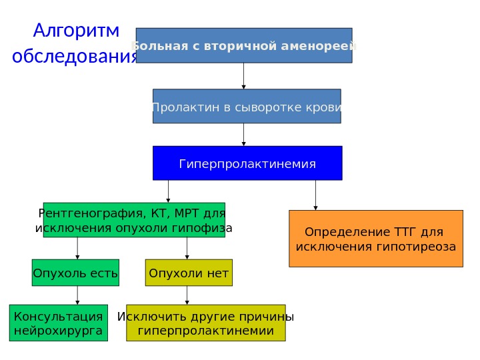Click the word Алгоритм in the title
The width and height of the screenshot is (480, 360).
tap(76, 31)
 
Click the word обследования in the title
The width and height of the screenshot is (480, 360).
tap(75, 56)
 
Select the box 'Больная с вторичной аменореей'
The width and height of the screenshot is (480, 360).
tap(244, 45)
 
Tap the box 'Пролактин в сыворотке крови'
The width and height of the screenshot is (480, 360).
tap(247, 107)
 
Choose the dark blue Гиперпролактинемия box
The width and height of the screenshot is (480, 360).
tap(247, 163)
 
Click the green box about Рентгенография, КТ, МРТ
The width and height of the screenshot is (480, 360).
tap(133, 221)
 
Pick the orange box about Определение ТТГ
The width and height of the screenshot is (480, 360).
tap(375, 239)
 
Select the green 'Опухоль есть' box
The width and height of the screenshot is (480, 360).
tap(75, 273)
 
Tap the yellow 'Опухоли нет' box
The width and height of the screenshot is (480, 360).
tap(189, 273)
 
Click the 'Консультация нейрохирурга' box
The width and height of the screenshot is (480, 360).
tap(59, 323)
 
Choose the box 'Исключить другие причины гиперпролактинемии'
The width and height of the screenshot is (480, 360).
tap(205, 323)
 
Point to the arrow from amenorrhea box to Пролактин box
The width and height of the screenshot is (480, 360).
tap(244, 76)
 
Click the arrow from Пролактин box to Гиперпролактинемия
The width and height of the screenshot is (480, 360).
tap(244, 135)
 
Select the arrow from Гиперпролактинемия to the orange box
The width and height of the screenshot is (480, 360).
tap(315, 195)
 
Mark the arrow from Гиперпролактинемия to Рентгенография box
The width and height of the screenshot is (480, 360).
tap(168, 191)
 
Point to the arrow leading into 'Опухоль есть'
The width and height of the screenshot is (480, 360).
tap(78, 249)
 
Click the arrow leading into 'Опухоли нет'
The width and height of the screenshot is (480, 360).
tap(187, 249)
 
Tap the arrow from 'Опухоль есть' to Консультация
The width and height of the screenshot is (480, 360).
tap(78, 295)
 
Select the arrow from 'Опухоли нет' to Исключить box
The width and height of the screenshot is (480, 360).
tap(187, 295)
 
